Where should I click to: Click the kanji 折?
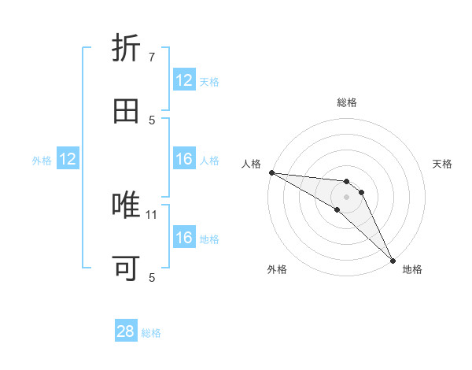(x=127, y=49)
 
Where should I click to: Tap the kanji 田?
(x=127, y=111)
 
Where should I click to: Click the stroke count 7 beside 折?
(x=152, y=57)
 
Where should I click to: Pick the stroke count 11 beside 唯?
(x=153, y=214)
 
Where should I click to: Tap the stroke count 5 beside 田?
(x=152, y=120)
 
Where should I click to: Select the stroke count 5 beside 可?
(x=152, y=277)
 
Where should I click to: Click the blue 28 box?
(x=126, y=331)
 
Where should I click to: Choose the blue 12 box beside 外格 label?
(x=68, y=160)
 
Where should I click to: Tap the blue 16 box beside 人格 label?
(x=184, y=160)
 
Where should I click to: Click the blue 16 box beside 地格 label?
(x=184, y=238)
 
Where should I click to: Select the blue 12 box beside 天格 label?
(x=184, y=80)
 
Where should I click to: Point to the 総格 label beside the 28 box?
(x=151, y=333)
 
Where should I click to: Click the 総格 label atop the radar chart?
(x=347, y=102)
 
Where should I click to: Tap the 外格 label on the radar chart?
(x=277, y=269)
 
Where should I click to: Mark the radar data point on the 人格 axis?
(x=271, y=172)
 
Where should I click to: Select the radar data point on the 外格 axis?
(x=337, y=209)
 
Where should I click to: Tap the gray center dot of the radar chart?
(x=347, y=197)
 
